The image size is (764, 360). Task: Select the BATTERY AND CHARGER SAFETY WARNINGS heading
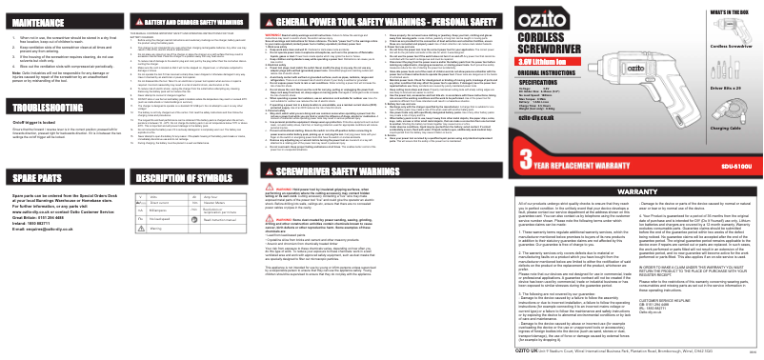[x=181, y=18]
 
